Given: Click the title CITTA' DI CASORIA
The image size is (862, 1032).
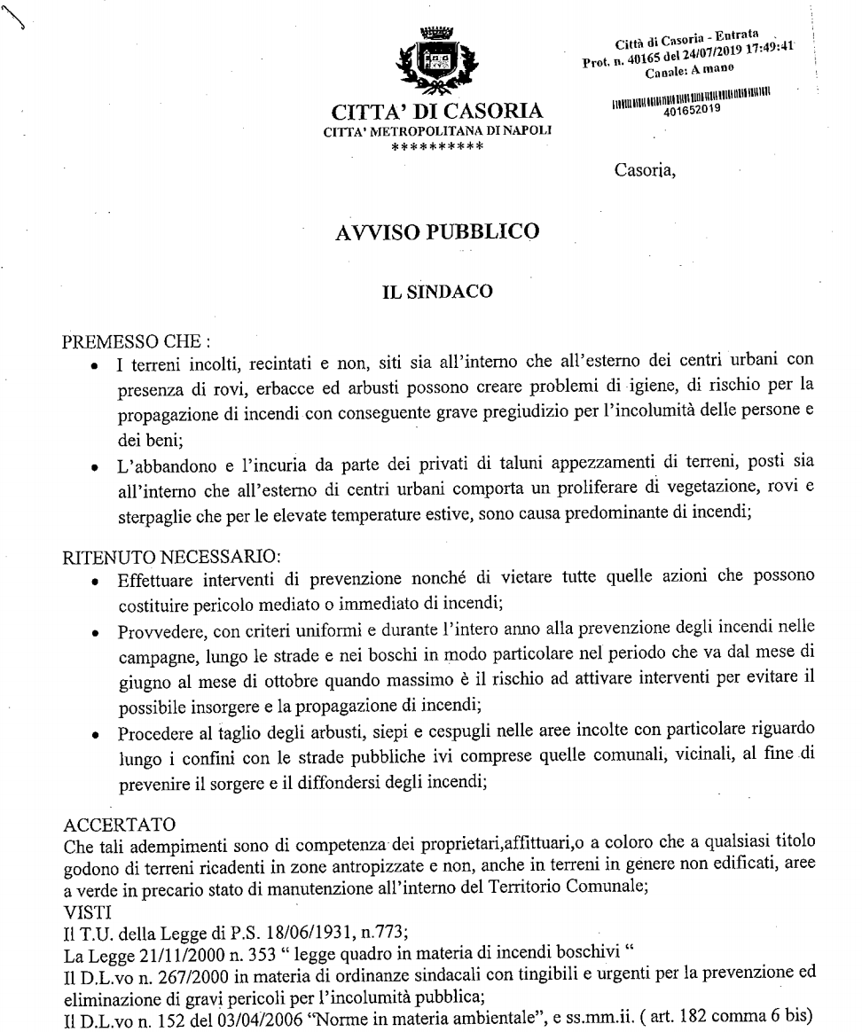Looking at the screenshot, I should click(437, 113).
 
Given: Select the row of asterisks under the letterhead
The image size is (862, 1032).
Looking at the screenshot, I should click(437, 145).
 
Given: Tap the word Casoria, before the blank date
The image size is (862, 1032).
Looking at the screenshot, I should click(646, 171).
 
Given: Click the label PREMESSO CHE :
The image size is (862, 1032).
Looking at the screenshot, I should click(123, 342).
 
